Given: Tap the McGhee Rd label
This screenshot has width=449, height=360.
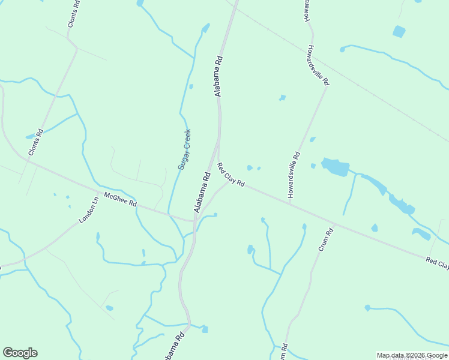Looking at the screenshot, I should [120, 199].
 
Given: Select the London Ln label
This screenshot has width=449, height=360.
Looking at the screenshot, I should [89, 211].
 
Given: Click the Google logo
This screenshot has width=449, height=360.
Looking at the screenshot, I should [20, 353].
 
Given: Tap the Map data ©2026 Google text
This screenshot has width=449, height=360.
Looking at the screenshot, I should [412, 355].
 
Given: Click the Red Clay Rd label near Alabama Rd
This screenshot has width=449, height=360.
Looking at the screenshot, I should [231, 175].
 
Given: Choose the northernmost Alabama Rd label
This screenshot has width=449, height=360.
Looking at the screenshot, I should [218, 76].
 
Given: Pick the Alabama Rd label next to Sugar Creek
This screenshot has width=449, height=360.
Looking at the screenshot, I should [202, 192].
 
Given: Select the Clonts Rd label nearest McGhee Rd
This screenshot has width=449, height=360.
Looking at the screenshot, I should [37, 143].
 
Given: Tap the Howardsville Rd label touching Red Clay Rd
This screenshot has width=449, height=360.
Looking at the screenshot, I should [294, 175].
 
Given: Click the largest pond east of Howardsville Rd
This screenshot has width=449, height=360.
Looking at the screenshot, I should [336, 167].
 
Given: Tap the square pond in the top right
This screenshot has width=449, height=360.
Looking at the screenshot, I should [399, 31].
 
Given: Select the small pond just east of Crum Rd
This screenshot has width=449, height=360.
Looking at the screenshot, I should [375, 228].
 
